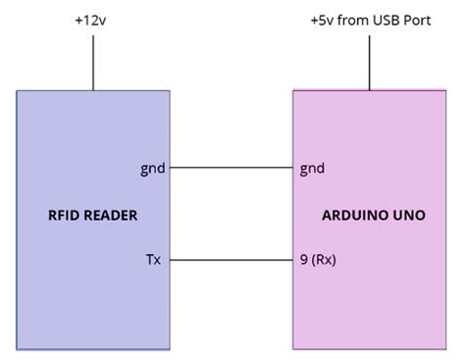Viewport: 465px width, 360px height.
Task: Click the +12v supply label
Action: coord(93,20)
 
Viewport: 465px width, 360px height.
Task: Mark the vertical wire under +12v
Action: coord(93,64)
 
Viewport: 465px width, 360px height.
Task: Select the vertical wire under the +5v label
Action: coord(370,64)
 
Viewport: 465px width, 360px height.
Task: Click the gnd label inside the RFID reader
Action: coord(152,168)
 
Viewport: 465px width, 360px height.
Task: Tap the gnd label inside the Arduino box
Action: coord(312,168)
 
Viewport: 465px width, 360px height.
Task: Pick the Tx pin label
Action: coord(153,260)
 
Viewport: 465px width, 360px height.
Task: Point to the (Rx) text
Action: coord(325,260)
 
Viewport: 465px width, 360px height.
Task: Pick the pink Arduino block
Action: coord(373,304)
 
